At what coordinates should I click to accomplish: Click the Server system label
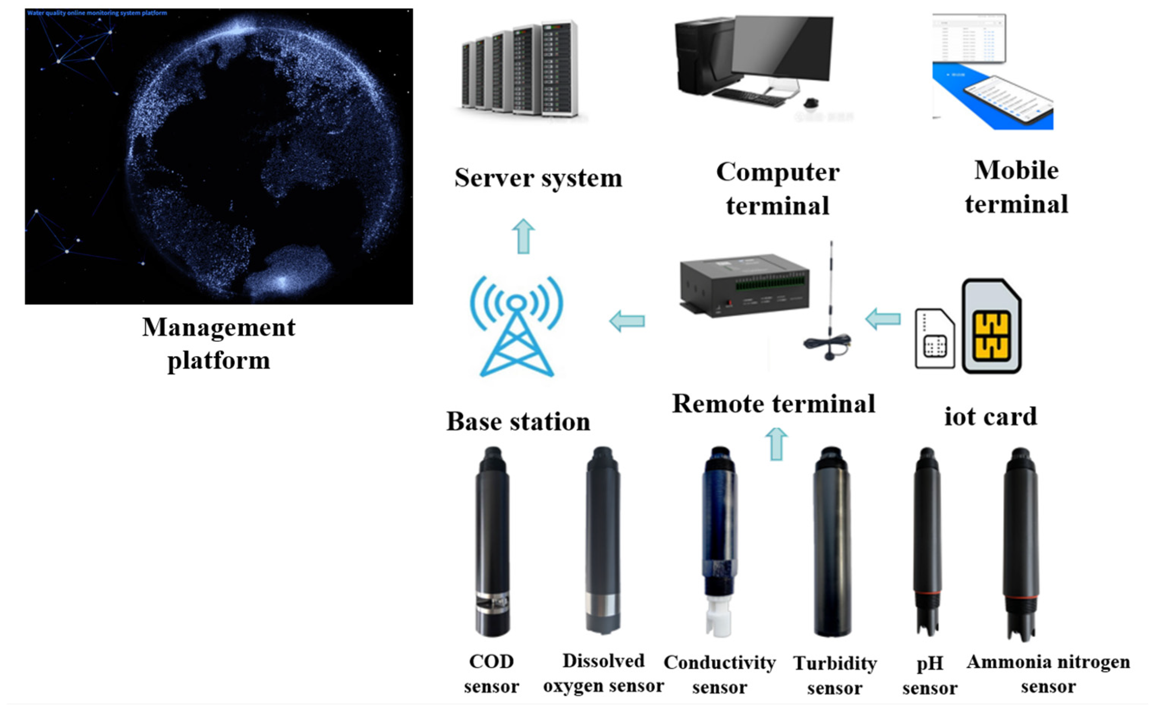click(538, 178)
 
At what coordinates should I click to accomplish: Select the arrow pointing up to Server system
click(523, 236)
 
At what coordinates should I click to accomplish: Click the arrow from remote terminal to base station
click(627, 321)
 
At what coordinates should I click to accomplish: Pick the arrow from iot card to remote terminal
click(883, 319)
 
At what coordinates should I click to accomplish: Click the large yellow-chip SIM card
click(992, 326)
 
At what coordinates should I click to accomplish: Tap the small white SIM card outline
click(934, 339)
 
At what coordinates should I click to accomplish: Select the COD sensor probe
click(492, 542)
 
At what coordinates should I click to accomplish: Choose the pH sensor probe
click(927, 542)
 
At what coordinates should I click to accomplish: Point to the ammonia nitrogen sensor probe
click(1021, 542)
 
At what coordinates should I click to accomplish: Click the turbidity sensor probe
click(832, 542)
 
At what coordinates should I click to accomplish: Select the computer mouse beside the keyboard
click(811, 102)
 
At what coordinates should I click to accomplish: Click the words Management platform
click(219, 344)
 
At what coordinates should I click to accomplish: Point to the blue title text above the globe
click(97, 13)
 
